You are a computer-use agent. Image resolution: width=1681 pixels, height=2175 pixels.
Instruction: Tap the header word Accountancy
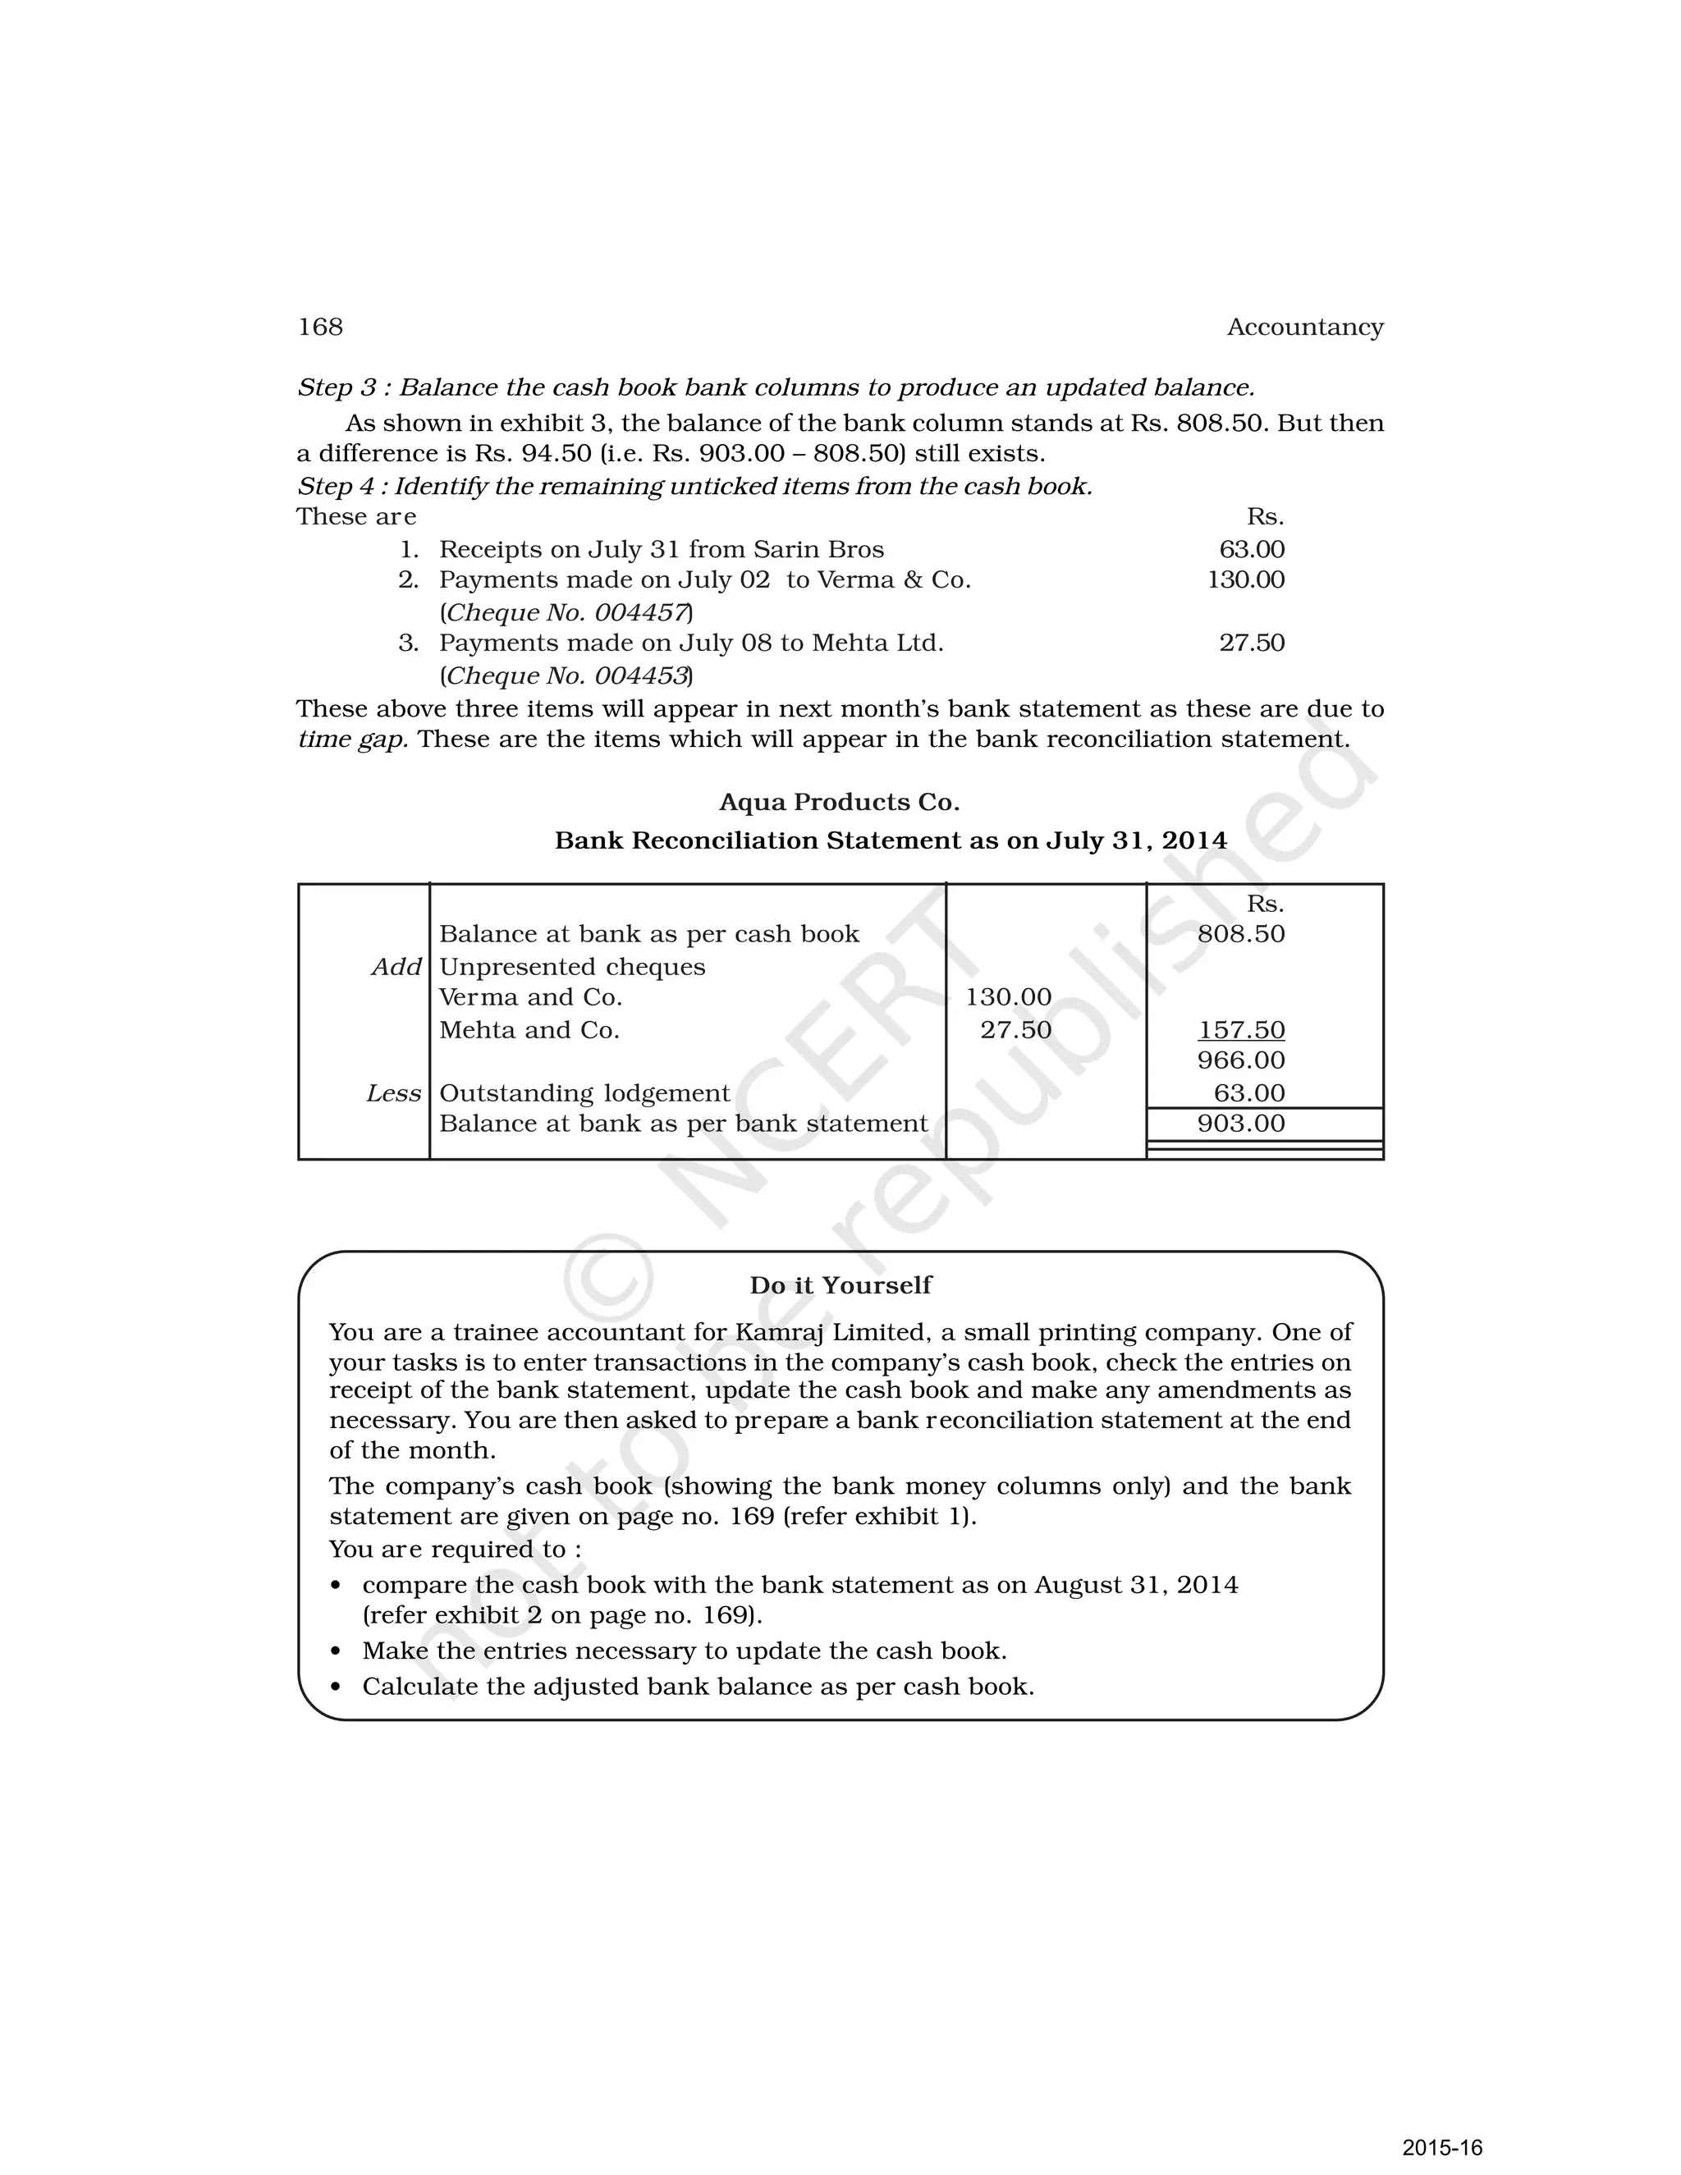(1304, 327)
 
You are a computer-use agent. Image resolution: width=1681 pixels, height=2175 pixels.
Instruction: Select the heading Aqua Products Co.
(839, 802)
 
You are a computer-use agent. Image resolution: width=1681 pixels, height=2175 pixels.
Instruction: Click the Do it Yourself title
(840, 1284)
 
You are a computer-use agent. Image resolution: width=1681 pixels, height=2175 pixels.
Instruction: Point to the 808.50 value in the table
(1241, 934)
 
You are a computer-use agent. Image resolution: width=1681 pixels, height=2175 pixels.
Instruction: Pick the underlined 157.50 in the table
(1241, 1030)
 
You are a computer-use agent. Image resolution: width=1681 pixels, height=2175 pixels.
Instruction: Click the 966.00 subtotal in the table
(1241, 1060)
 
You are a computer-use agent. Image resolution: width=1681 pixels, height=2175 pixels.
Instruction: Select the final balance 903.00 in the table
(1241, 1124)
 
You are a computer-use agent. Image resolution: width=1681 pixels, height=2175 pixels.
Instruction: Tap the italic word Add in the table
(396, 967)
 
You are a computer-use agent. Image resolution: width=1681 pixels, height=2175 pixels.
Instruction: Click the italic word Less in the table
(393, 1093)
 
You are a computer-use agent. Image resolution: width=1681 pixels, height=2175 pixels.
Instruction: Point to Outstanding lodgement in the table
(584, 1093)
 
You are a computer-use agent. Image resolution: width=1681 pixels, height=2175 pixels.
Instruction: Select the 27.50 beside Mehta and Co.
(1016, 1030)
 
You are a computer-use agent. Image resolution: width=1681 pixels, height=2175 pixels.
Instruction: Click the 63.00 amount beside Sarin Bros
(1252, 550)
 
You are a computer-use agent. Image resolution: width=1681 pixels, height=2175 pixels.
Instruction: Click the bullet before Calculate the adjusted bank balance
(336, 1687)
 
